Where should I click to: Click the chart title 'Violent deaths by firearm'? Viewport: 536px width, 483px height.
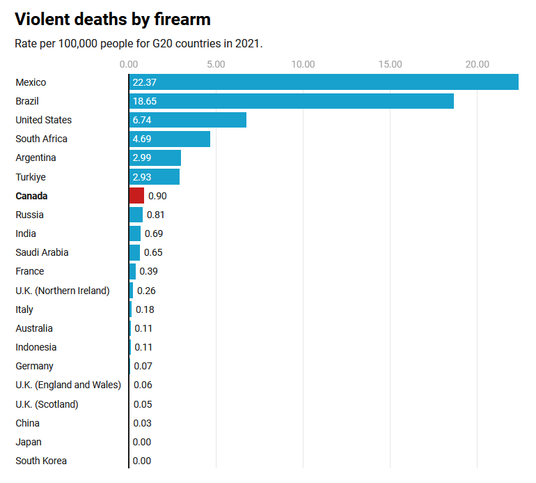113,19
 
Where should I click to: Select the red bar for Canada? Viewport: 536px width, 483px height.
136,196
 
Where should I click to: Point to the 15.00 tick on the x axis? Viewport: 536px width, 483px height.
391,65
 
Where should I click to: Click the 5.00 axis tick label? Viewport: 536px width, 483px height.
216,65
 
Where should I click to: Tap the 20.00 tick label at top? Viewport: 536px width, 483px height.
478,65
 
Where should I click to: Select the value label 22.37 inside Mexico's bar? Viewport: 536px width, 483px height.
144,82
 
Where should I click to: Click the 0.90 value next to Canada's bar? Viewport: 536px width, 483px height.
157,196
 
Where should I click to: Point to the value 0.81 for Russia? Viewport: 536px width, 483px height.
156,215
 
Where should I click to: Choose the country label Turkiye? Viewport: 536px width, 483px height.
31,177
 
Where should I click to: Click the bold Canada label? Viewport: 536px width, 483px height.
31,196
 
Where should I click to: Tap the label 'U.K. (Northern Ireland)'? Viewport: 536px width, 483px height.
63,291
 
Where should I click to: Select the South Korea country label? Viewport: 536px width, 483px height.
41,461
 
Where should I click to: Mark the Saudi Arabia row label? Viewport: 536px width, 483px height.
42,252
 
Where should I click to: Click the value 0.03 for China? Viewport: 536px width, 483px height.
142,423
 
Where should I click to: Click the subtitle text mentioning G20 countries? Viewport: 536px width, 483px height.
139,43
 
